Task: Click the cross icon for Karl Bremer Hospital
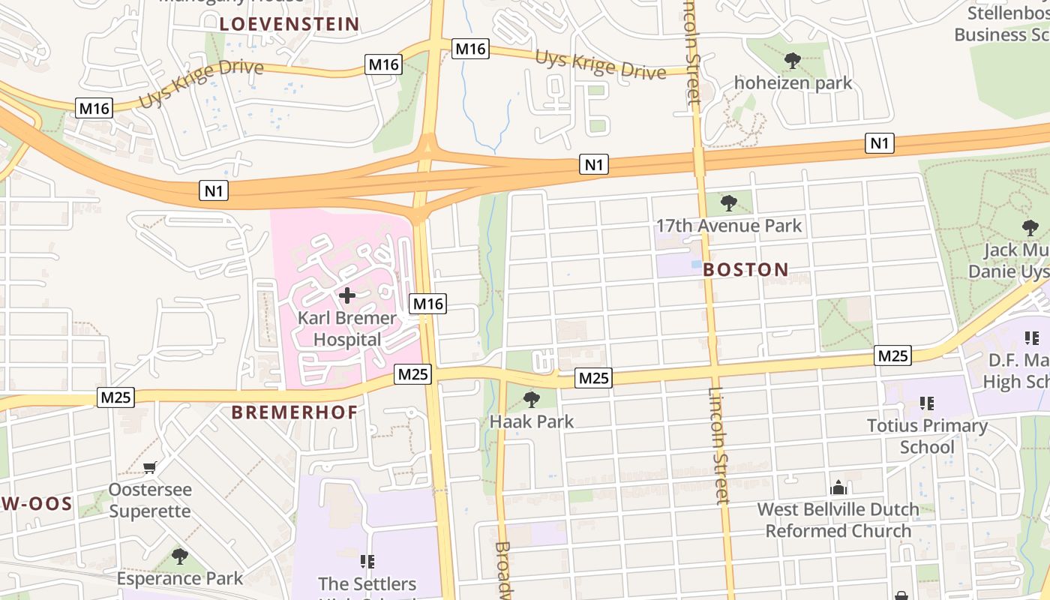click(347, 295)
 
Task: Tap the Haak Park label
click(532, 421)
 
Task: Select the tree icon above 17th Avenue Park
click(728, 202)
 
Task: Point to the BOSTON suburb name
click(746, 270)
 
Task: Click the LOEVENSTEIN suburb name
click(289, 24)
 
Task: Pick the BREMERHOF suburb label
click(295, 412)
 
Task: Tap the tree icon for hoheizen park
click(793, 61)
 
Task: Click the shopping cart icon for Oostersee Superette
click(150, 468)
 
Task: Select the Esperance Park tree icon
click(179, 556)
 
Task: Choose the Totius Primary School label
click(927, 436)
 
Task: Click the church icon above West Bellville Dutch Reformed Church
click(838, 487)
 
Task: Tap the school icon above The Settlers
click(367, 561)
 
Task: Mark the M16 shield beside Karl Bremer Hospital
click(428, 304)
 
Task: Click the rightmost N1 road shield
click(880, 143)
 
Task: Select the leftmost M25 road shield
click(116, 397)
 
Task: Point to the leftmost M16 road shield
click(94, 109)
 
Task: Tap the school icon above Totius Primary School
click(927, 404)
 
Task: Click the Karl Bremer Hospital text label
click(347, 328)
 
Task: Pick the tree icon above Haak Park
click(532, 399)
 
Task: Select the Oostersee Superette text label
click(150, 500)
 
